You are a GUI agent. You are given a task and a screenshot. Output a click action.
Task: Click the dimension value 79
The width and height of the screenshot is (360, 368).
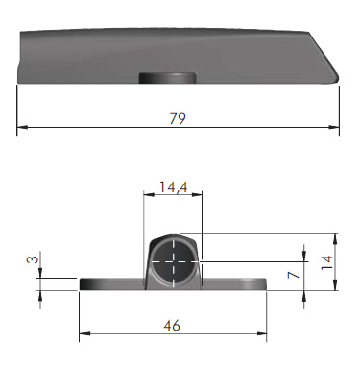coord(178,118)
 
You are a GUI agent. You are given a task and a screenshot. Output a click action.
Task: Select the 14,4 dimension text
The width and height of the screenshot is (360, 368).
coord(174,187)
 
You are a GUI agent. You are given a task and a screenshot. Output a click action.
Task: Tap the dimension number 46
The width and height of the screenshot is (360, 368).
coord(172,326)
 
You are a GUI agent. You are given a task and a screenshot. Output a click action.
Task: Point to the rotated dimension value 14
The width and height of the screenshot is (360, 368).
coord(327,262)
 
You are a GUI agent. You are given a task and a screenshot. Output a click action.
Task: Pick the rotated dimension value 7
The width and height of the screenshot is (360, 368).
coord(294,274)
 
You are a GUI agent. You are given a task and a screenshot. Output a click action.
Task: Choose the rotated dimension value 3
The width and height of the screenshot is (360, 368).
coord(32,259)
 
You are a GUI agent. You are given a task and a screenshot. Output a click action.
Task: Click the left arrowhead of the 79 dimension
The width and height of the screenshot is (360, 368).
coord(22,127)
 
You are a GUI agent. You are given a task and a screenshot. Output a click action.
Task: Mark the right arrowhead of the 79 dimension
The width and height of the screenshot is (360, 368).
coord(334,127)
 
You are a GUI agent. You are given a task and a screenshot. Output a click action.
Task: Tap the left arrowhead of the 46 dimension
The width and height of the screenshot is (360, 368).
coord(85,334)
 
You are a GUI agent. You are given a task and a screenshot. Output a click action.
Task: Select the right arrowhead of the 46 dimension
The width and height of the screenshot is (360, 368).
coord(261,334)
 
